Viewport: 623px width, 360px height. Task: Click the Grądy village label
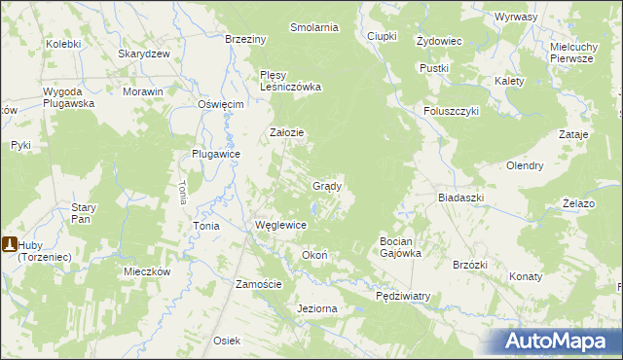click(x=326, y=185)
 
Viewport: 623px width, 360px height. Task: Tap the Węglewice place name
click(x=280, y=225)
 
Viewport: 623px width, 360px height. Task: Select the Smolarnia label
click(x=313, y=27)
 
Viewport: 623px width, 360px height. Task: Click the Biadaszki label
click(x=460, y=197)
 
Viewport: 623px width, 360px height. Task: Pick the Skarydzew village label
click(x=144, y=54)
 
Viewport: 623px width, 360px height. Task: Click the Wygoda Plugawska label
click(x=68, y=96)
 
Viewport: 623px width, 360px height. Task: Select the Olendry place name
click(x=525, y=165)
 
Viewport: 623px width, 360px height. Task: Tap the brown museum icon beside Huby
click(x=8, y=246)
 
